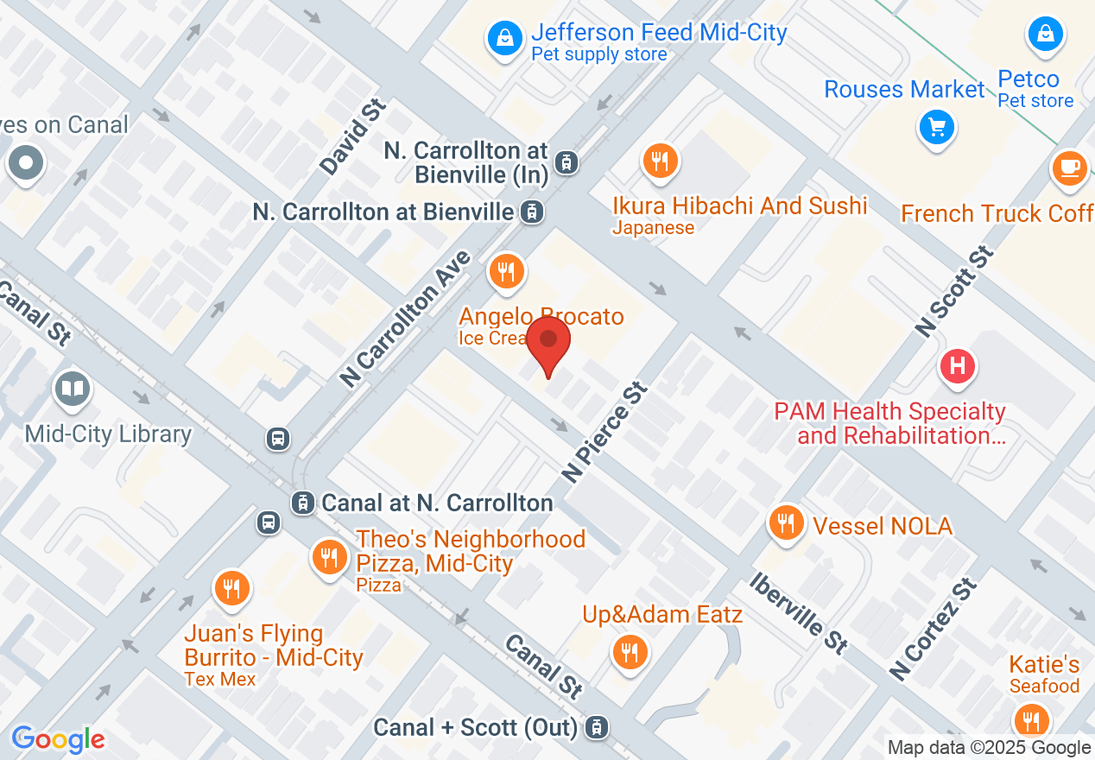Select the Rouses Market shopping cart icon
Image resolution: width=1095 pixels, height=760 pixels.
(x=936, y=128)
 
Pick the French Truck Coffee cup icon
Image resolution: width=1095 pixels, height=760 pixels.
(x=1071, y=167)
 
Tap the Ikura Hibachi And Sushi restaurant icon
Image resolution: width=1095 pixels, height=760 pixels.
(x=660, y=161)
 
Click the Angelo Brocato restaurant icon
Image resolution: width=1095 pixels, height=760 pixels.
(x=506, y=273)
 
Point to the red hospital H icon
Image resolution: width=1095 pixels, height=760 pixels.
(x=957, y=366)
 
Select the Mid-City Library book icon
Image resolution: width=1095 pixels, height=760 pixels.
(x=73, y=389)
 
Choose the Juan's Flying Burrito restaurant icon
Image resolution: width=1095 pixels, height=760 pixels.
(x=231, y=589)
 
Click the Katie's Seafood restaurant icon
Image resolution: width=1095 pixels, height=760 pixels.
(x=1031, y=719)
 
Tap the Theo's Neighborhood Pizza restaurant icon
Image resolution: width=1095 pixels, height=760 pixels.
(x=328, y=556)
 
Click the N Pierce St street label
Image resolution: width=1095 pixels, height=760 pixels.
(x=604, y=433)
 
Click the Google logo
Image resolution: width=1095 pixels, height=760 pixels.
(x=58, y=739)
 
